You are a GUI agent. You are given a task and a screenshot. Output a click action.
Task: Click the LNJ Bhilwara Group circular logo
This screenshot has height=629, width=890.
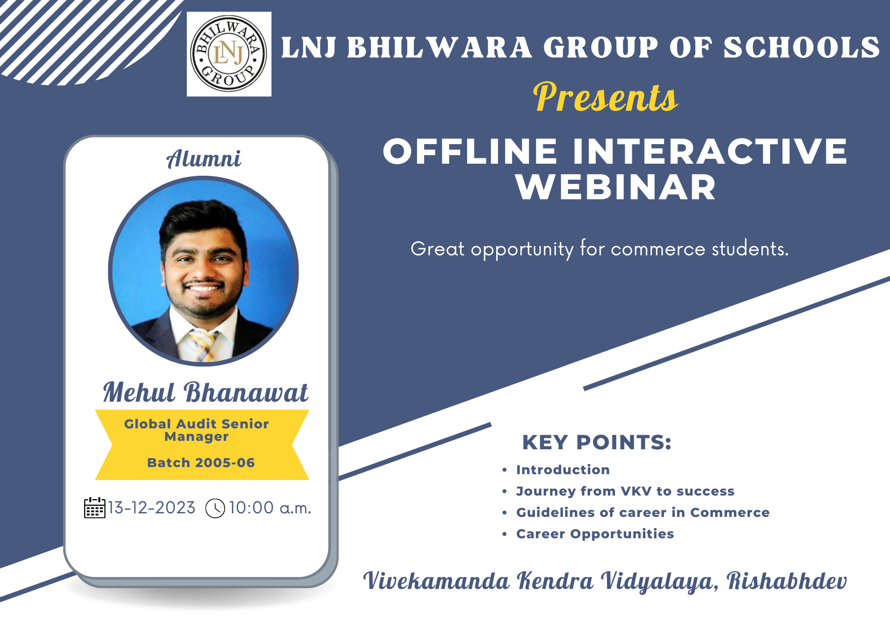[229, 54]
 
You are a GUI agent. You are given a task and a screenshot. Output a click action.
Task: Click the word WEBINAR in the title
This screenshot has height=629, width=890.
[616, 187]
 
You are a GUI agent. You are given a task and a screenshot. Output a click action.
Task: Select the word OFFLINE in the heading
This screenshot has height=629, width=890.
[470, 151]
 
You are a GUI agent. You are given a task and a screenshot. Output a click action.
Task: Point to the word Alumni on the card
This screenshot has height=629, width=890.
[204, 159]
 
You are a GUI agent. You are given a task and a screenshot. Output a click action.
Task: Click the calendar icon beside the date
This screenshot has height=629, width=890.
[95, 508]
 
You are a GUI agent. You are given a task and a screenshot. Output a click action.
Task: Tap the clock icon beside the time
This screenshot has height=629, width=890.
[215, 508]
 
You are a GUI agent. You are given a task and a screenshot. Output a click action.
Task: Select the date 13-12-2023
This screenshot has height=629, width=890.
[152, 508]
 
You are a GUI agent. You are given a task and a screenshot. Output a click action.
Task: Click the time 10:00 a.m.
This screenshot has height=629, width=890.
[270, 508]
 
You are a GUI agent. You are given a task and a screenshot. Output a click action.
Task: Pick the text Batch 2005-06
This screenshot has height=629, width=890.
[201, 463]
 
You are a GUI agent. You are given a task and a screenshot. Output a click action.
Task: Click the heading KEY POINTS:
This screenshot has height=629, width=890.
[597, 442]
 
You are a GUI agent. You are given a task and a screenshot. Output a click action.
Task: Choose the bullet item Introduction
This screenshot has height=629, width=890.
[563, 470]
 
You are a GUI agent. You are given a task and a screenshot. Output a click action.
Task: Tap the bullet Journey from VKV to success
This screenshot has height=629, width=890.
[625, 491]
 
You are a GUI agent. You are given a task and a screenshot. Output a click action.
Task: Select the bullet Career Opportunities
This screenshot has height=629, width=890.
[595, 534]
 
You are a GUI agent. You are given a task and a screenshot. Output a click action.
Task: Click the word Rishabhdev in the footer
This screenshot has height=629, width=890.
[786, 581]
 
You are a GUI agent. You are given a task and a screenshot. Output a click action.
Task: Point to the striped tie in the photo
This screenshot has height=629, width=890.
[203, 345]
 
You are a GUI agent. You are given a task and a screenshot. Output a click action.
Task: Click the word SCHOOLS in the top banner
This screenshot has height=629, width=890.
[801, 48]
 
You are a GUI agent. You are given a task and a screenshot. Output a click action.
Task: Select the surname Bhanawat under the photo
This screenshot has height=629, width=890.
[246, 392]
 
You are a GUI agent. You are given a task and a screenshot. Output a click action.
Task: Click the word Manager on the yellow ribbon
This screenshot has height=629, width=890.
[196, 437]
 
